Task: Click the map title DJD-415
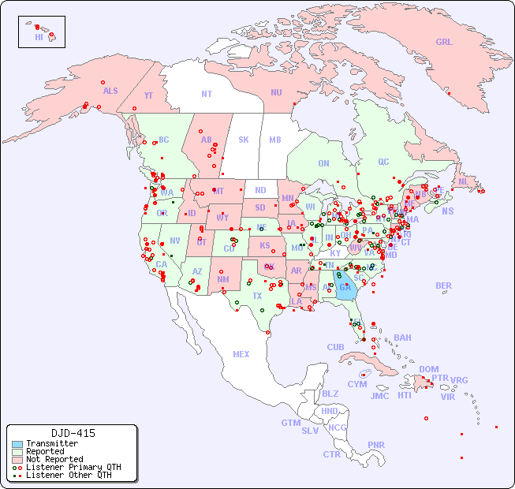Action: click(x=73, y=433)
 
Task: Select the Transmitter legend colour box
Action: click(x=17, y=444)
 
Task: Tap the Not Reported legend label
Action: click(x=54, y=459)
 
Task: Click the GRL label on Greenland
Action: click(x=444, y=43)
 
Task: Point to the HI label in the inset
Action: click(x=39, y=37)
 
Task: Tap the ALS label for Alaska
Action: click(x=110, y=91)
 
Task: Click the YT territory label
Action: click(x=148, y=95)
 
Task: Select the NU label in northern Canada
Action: click(x=276, y=93)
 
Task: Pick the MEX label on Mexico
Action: click(x=241, y=354)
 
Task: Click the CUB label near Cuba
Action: click(x=336, y=348)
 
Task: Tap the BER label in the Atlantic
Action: click(x=443, y=286)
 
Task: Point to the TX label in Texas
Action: click(x=257, y=296)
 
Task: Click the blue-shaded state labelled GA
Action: click(x=345, y=288)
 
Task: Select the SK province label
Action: click(x=244, y=140)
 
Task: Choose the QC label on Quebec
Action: click(x=383, y=162)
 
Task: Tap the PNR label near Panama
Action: click(x=376, y=445)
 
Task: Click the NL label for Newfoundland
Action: click(x=464, y=181)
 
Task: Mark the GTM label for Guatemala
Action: click(x=290, y=423)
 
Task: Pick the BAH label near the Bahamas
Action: click(x=402, y=338)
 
